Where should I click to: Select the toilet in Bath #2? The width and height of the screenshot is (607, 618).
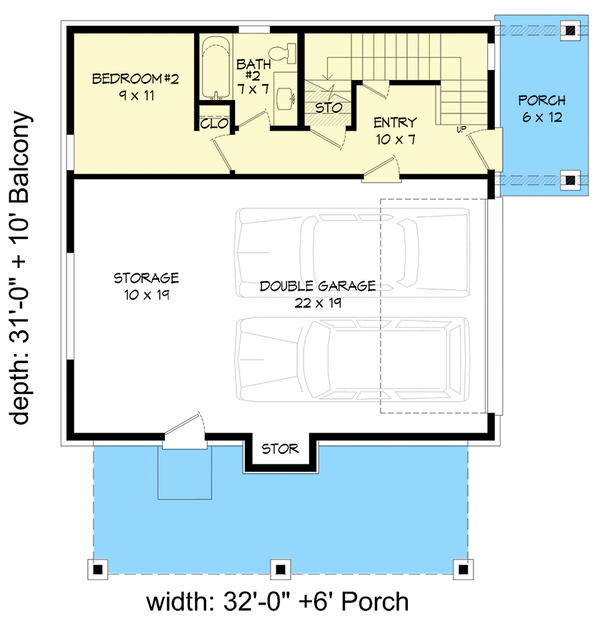click(288, 51)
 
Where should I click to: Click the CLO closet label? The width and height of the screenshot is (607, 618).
click(214, 123)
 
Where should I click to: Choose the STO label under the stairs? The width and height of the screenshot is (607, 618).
click(328, 108)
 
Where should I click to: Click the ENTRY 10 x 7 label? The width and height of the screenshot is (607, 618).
click(394, 130)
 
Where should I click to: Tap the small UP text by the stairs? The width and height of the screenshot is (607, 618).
click(462, 130)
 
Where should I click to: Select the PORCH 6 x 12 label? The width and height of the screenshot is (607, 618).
click(541, 108)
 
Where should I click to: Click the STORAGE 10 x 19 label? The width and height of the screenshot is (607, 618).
click(146, 285)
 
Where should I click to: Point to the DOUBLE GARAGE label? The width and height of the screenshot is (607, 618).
click(317, 293)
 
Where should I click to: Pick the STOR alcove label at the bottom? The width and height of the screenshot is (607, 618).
click(280, 449)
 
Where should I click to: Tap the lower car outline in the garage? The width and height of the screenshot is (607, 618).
click(354, 359)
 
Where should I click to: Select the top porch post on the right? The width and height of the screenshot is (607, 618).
click(569, 30)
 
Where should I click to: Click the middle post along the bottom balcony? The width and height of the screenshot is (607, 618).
click(280, 569)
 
